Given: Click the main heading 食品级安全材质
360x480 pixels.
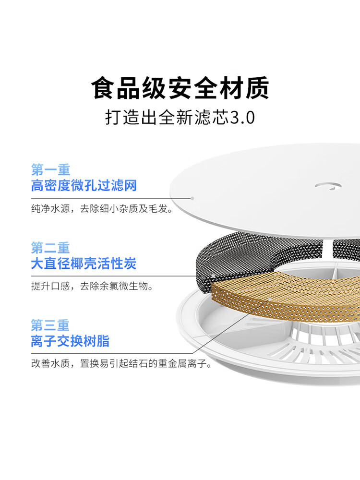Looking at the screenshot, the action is click(x=180, y=88).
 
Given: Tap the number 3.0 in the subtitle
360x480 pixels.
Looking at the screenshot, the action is click(x=242, y=118).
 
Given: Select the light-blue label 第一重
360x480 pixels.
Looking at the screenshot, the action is click(x=51, y=169).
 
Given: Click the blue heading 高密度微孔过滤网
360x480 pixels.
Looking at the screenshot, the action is click(x=84, y=185).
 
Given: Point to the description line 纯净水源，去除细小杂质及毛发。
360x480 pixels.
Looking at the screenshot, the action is click(x=102, y=209).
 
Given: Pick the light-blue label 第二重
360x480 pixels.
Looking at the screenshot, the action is click(x=51, y=248).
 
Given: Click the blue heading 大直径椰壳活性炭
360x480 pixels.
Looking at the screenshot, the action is click(x=84, y=264).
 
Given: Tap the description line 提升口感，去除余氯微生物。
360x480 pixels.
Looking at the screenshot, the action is click(x=92, y=286).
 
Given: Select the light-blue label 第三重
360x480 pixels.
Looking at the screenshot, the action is click(x=51, y=325).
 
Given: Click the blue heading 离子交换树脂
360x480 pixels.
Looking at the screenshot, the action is click(x=71, y=341).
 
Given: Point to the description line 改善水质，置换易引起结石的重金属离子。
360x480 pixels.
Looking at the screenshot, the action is click(x=122, y=364).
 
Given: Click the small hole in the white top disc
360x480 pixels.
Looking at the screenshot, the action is click(x=328, y=186).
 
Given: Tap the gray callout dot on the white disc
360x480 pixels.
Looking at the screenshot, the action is click(x=192, y=198).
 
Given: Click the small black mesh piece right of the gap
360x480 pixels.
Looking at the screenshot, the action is click(x=347, y=250).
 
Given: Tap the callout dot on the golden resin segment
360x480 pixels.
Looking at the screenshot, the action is click(x=270, y=298).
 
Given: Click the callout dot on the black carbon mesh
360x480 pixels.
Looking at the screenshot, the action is click(x=213, y=276).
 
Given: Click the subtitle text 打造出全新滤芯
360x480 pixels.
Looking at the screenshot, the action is click(x=167, y=118).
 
